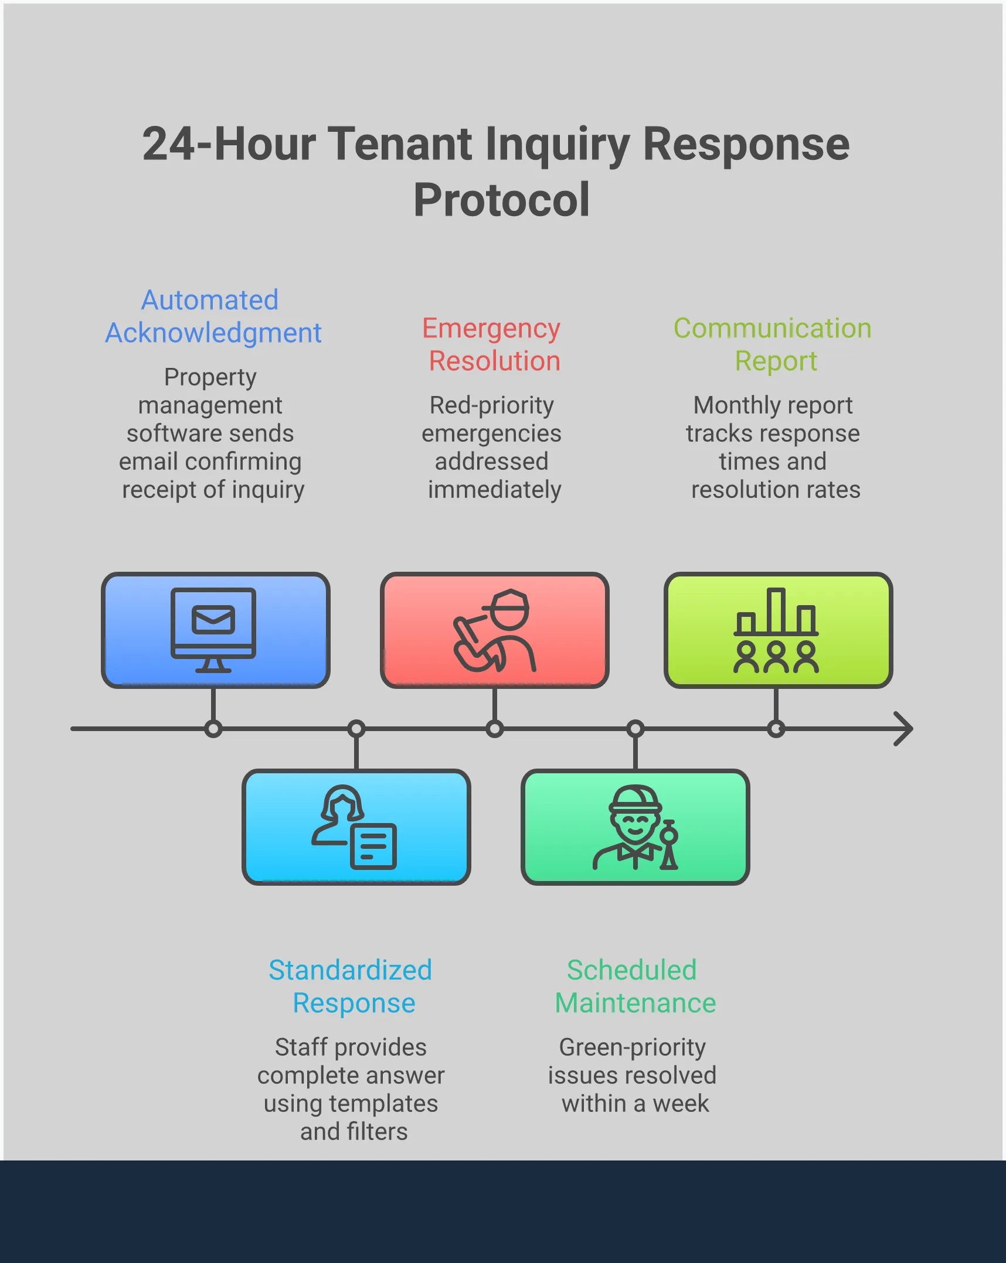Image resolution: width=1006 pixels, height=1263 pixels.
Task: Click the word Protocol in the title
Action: point(501,200)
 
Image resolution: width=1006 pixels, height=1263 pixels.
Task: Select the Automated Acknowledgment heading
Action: point(213,316)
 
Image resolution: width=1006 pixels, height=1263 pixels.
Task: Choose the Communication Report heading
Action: point(774,344)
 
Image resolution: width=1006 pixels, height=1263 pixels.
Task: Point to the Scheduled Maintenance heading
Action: point(635,986)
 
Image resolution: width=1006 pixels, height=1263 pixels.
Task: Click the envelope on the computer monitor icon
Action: point(213,620)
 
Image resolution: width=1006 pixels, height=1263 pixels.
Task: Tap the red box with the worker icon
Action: point(494,630)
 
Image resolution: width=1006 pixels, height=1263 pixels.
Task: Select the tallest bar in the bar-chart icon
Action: point(776,610)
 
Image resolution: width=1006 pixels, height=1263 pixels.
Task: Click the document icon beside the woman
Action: point(373,846)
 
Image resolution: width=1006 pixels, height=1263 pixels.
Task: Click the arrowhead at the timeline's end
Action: point(904,729)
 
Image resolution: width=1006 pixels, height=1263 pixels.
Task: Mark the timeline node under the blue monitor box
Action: point(213,729)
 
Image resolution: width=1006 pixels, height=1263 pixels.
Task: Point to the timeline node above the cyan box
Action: point(356,729)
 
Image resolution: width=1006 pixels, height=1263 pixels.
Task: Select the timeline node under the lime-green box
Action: point(776,729)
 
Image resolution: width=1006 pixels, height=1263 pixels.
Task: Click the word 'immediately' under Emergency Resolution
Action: point(494,490)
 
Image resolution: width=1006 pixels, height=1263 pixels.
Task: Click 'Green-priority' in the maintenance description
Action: point(632,1047)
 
